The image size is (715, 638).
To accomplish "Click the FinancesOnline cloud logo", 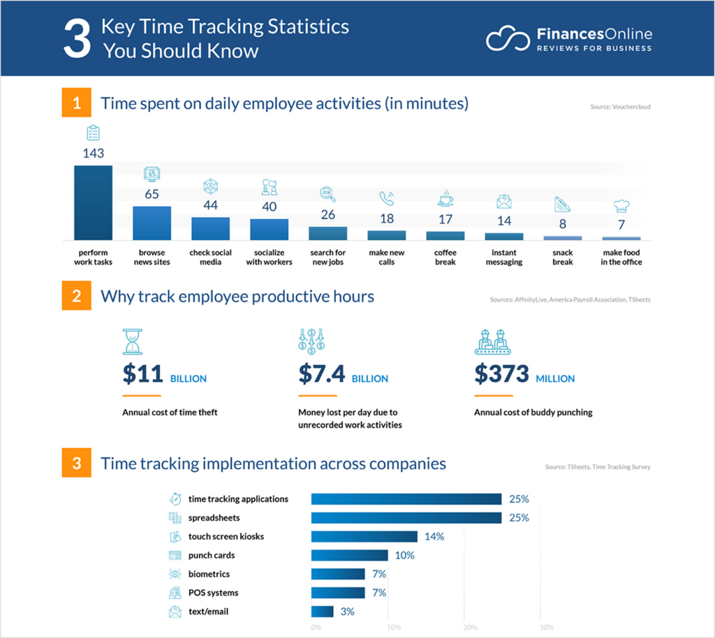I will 508,38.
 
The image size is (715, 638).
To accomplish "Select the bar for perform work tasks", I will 93,202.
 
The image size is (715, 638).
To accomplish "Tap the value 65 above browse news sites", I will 152,194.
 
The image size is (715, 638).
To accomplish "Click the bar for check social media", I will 210,228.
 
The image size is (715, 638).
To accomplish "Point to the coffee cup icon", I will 445,199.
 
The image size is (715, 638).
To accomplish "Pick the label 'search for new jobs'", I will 327,257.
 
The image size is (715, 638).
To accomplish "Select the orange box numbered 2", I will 76,296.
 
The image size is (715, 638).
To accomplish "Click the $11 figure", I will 142,375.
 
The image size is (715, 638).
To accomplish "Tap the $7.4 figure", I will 321,375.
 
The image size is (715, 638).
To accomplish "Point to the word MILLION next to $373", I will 555,378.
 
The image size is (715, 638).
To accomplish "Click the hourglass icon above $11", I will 132,342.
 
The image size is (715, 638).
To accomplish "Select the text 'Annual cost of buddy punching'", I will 533,413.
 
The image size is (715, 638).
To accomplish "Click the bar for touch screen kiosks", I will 364,537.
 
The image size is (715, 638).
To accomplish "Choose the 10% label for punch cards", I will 404,556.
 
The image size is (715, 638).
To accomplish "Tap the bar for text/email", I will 322,611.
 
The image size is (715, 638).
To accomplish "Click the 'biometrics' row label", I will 209,574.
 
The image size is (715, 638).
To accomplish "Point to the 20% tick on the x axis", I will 469,627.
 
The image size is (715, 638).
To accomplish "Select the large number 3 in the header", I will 77,40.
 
